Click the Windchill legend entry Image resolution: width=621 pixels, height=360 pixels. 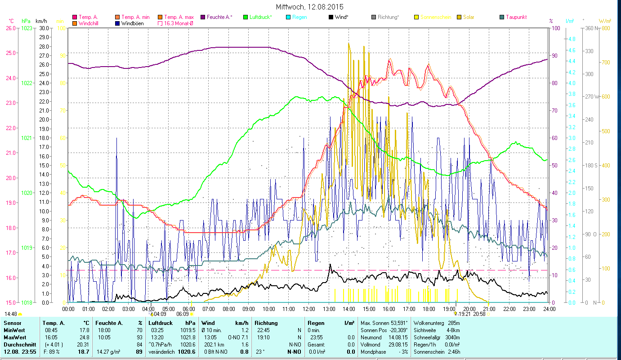pyautogui.click(x=88, y=23)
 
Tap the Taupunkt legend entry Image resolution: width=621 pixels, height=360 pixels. pyautogui.click(x=516, y=17)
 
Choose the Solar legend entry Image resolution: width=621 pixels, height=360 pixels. pyautogui.click(x=468, y=17)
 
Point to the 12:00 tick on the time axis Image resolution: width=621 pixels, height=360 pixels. pyautogui.click(x=309, y=309)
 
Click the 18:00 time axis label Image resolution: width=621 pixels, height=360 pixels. pyautogui.click(x=429, y=309)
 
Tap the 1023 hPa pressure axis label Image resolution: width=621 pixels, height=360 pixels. pyautogui.click(x=27, y=28)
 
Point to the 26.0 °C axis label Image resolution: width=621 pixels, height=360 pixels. pyautogui.click(x=10, y=28)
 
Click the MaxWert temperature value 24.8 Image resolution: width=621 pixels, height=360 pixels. pyautogui.click(x=84, y=337)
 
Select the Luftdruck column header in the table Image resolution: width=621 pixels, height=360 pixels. pyautogui.click(x=161, y=323)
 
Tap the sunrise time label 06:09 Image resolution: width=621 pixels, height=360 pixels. pyautogui.click(x=183, y=314)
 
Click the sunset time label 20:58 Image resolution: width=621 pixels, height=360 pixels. pyautogui.click(x=480, y=314)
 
